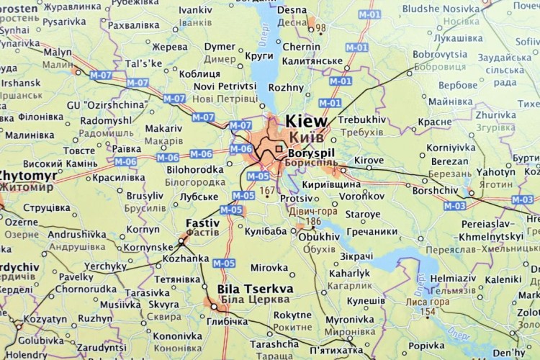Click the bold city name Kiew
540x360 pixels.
[x=306, y=121]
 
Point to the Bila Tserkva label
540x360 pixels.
[x=255, y=289]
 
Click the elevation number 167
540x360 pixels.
[x=268, y=191]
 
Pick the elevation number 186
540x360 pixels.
[x=313, y=222]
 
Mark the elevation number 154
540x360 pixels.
[x=429, y=311]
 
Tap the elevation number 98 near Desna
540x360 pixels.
[x=320, y=28]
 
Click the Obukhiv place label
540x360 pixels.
[x=318, y=236]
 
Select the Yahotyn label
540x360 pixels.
[x=495, y=173]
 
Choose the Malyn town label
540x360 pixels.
[x=58, y=53]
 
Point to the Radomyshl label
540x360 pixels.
[x=106, y=121]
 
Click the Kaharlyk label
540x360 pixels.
[x=349, y=274]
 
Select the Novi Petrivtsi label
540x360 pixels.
[x=225, y=86]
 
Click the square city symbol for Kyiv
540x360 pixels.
[x=279, y=149]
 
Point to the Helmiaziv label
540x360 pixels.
[x=454, y=279]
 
